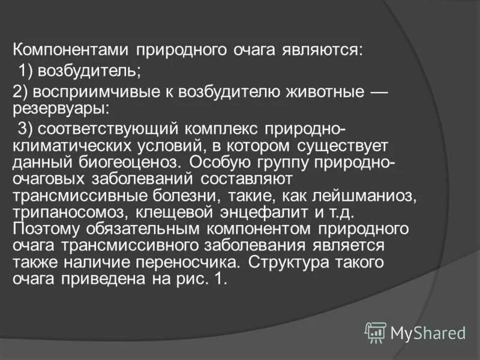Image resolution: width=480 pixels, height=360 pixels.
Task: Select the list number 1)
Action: [26, 71]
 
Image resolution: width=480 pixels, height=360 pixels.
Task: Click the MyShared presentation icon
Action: [376, 331]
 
